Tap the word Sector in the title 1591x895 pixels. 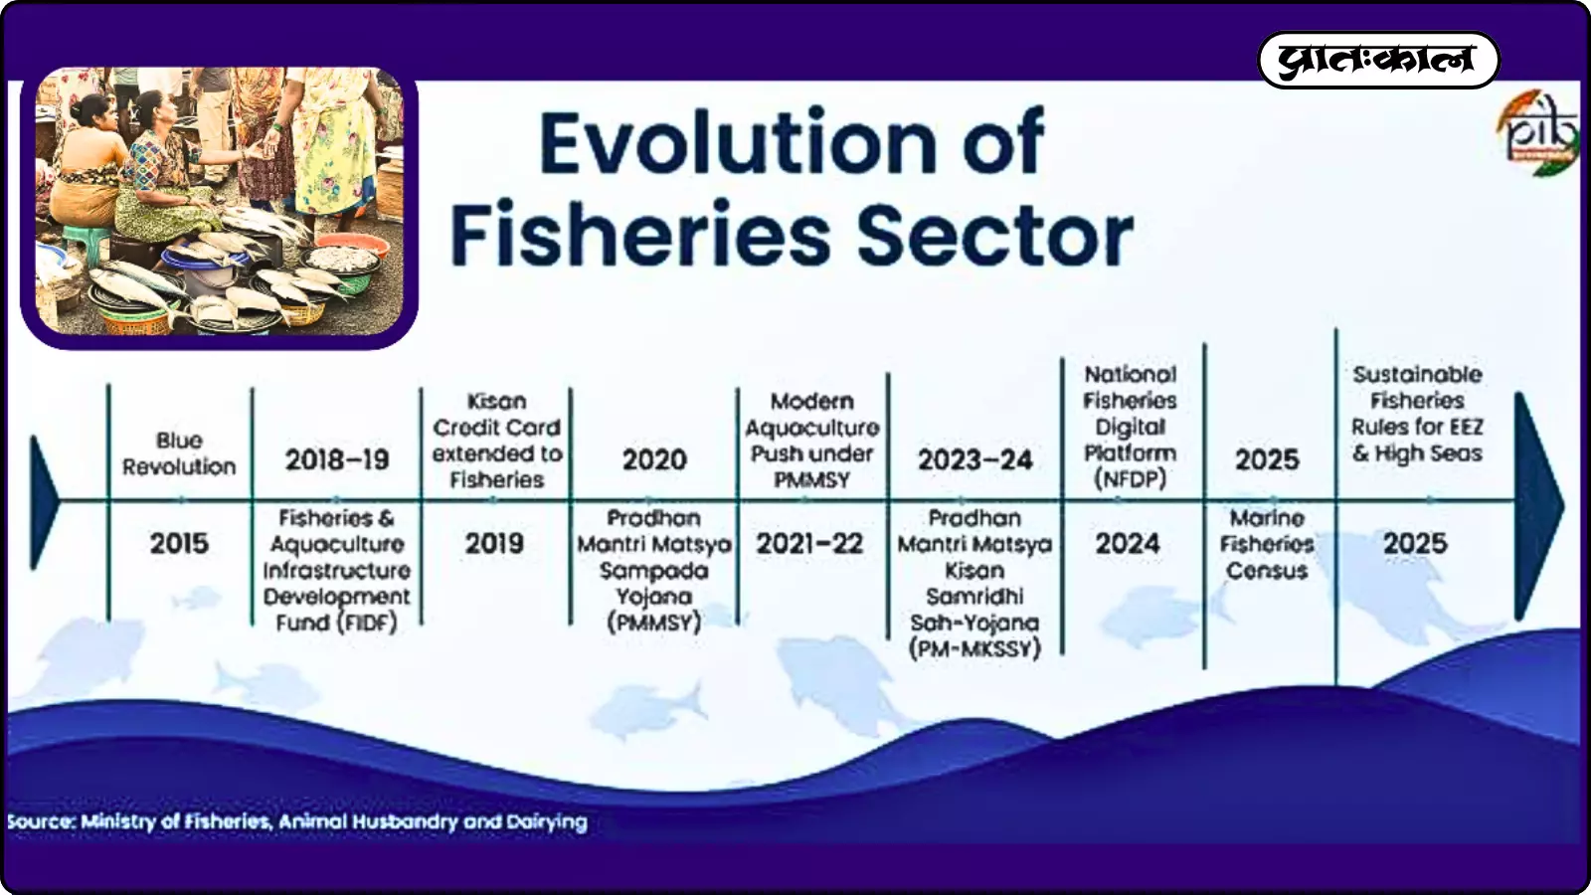(995, 234)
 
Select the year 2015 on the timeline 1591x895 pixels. (179, 544)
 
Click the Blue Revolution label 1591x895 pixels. (179, 453)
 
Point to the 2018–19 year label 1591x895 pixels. (337, 459)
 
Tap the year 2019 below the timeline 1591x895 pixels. (494, 544)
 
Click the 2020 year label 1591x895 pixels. (654, 459)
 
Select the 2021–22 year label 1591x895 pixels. (809, 544)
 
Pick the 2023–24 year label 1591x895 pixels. (975, 459)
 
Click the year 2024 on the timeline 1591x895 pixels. (1128, 544)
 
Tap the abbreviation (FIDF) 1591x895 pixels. (367, 623)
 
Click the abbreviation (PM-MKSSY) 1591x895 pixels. (974, 649)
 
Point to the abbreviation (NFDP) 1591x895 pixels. (1130, 479)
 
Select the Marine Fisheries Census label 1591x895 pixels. (1267, 544)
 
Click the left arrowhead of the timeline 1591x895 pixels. (44, 503)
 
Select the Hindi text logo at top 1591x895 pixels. (1378, 61)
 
